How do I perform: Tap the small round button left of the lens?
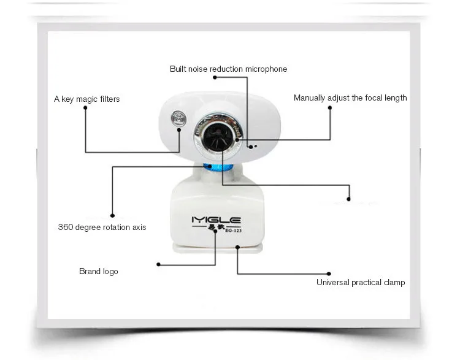pyautogui.click(x=178, y=119)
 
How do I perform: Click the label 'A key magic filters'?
pyautogui.click(x=86, y=99)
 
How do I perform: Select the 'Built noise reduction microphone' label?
pyautogui.click(x=228, y=69)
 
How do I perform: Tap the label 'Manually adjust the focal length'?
pyautogui.click(x=350, y=98)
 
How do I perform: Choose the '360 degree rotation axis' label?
pyautogui.click(x=102, y=227)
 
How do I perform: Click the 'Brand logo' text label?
pyautogui.click(x=98, y=271)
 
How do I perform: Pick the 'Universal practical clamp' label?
pyautogui.click(x=361, y=282)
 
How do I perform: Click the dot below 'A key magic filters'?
pyautogui.click(x=85, y=108)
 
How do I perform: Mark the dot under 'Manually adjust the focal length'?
pyautogui.click(x=330, y=108)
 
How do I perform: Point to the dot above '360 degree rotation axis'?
pyautogui.click(x=112, y=215)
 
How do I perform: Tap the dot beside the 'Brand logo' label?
pyautogui.click(x=158, y=264)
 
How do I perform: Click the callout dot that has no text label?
pyautogui.click(x=348, y=199)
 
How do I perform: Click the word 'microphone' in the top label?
pyautogui.click(x=266, y=69)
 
